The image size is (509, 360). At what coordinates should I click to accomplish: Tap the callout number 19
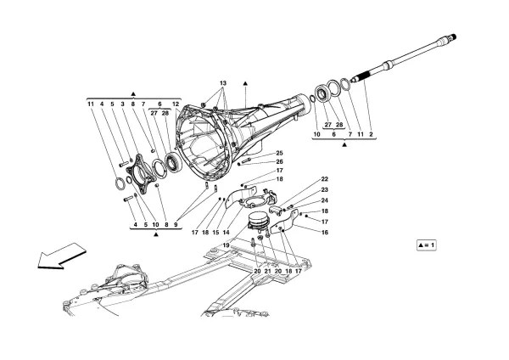[x=227, y=244]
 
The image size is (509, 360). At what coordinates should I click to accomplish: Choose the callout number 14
[x=227, y=231]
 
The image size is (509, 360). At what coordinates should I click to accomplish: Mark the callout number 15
[x=215, y=231]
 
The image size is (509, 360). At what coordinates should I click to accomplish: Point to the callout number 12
[x=176, y=103]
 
